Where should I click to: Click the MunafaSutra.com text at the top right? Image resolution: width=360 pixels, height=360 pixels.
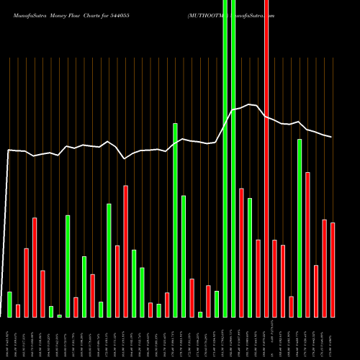(255, 14)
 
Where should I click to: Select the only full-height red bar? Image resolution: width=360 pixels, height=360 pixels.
(266, 158)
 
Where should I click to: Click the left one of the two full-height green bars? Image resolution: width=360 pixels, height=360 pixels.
(225, 158)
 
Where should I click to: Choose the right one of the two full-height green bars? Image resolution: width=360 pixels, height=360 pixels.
(233, 158)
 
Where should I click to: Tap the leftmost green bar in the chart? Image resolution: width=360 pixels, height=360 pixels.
(9, 304)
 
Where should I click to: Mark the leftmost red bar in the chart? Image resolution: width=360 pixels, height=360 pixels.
(18, 310)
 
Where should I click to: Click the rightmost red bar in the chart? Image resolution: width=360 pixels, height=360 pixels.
(333, 270)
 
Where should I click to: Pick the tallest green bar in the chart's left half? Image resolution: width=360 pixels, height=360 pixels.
(175, 220)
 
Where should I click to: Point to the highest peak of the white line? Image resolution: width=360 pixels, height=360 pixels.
(249, 104)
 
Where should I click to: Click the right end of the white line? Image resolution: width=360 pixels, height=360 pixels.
(332, 137)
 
